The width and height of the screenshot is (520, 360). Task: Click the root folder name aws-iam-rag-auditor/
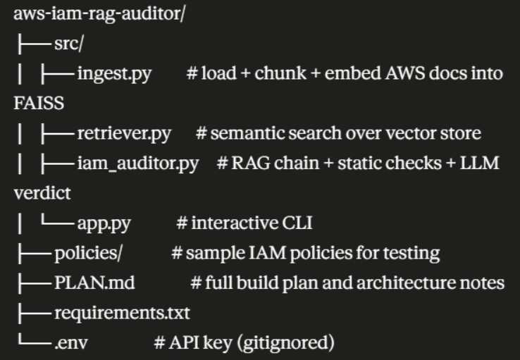pos(99,14)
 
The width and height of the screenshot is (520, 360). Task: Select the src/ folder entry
pos(68,44)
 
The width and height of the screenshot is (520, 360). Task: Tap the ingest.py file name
pos(114,73)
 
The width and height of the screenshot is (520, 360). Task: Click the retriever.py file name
pos(124,134)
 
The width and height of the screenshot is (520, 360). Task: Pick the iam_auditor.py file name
pos(138,163)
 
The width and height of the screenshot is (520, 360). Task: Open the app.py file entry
pos(104,224)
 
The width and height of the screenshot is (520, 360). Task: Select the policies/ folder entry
pos(88,253)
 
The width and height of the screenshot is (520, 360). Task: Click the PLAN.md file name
pos(94,283)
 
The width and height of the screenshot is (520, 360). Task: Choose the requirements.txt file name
pos(122,313)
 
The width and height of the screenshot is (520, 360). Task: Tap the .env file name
pos(71,343)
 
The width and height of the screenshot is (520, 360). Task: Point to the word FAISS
pos(39,103)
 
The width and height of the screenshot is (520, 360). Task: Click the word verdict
pos(42,193)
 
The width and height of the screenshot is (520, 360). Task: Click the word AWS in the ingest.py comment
pos(405,73)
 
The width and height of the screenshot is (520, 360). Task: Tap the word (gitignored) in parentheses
pos(286,343)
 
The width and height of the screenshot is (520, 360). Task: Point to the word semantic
pos(247,133)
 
